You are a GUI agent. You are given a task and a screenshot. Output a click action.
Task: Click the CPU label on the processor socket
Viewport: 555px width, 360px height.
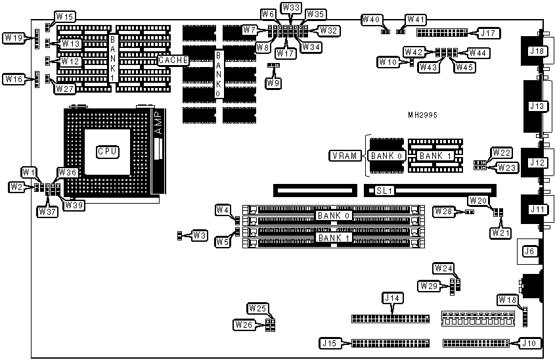107,151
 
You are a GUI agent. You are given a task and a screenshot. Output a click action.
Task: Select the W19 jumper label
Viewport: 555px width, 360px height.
14,38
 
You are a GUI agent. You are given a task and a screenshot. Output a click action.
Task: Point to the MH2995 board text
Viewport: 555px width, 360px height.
422,115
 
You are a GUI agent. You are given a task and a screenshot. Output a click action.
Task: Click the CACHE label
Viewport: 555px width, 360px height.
173,60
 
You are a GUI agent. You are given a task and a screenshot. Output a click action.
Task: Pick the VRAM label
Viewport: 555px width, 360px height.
343,156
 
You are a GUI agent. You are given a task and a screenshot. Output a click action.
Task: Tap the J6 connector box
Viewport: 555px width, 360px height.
528,250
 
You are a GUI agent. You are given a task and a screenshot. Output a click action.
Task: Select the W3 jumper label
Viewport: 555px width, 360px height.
199,235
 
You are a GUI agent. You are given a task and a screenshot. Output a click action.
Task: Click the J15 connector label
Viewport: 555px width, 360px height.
328,343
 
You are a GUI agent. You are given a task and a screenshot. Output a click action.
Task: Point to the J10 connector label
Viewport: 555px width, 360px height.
529,343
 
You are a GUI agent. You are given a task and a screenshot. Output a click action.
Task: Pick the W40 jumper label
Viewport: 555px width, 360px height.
372,20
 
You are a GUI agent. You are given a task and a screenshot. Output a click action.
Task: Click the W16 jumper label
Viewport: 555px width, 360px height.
14,79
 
